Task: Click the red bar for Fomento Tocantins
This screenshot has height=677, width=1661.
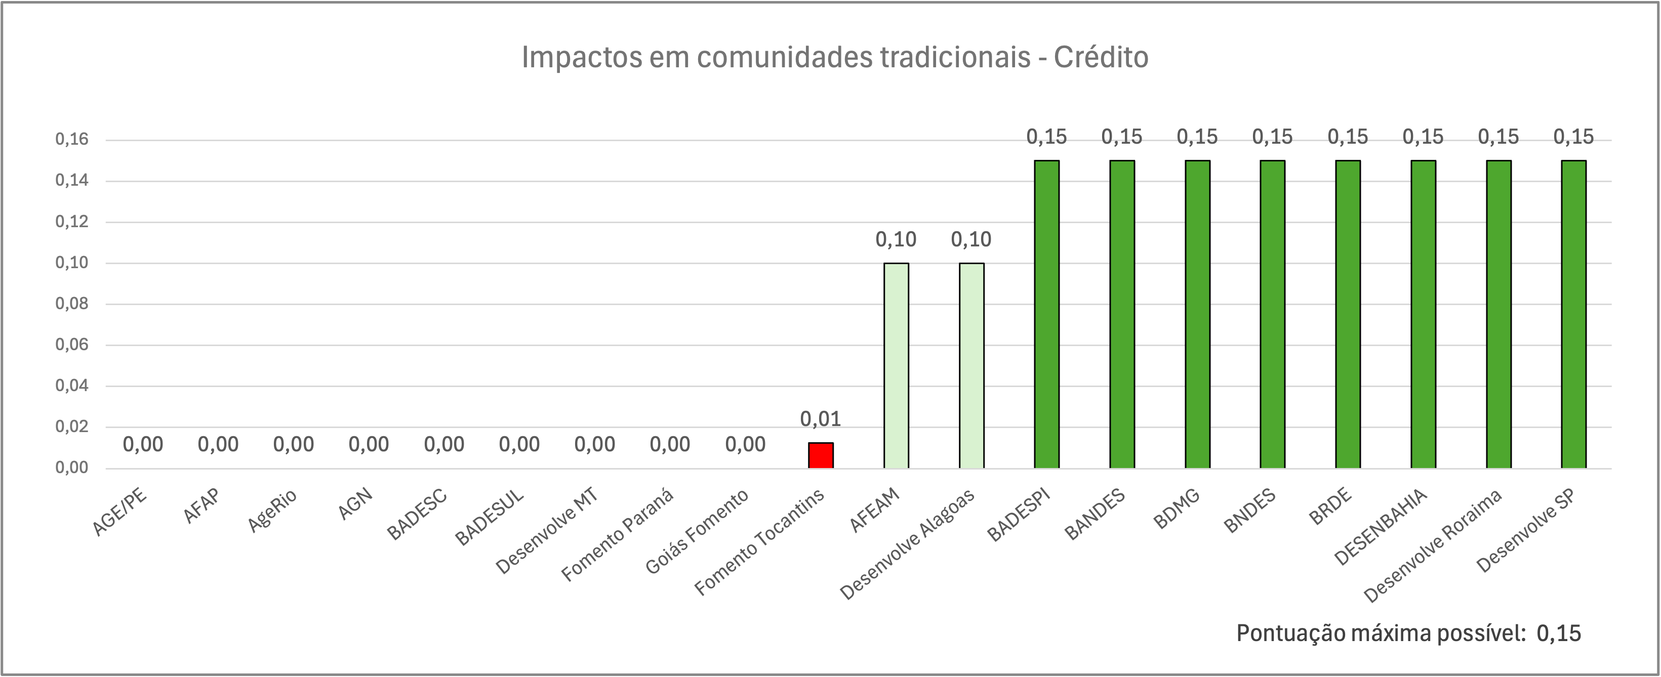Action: click(x=821, y=455)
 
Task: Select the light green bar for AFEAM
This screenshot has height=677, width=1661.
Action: click(x=896, y=365)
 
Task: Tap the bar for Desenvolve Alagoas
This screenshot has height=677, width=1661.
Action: click(x=971, y=365)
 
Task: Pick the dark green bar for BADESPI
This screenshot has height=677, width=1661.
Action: click(x=1046, y=314)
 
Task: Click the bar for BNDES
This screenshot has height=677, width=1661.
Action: click(x=1273, y=314)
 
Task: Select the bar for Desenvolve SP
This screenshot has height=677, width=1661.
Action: click(x=1574, y=314)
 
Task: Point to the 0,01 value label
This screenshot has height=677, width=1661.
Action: click(x=821, y=419)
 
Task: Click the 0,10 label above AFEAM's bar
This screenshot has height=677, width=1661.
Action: click(x=896, y=240)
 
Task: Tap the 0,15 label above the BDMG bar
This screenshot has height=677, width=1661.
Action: click(x=1197, y=137)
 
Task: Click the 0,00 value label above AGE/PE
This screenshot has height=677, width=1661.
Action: click(x=143, y=444)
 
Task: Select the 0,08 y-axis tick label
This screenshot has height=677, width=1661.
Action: click(x=71, y=304)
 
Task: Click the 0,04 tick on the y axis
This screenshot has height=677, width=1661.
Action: click(x=71, y=386)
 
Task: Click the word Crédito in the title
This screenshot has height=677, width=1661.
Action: click(x=1101, y=57)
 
